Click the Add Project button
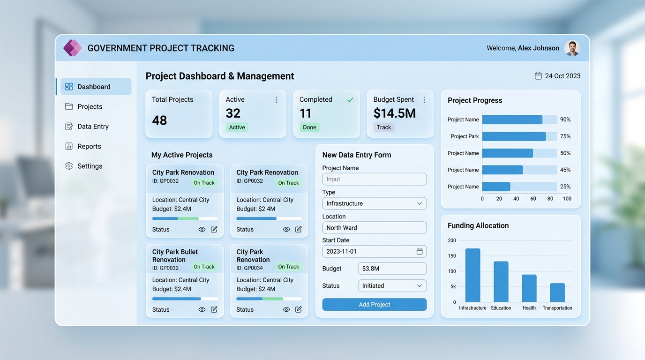click(x=375, y=304)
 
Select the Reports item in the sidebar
click(x=83, y=146)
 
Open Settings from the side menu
click(x=84, y=166)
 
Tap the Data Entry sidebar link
click(x=87, y=127)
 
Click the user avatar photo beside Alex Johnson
click(x=572, y=48)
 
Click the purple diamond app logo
click(x=72, y=48)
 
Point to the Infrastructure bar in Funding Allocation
click(x=473, y=275)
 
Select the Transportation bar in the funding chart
click(x=557, y=292)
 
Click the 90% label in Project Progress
click(x=565, y=120)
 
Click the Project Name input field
click(x=375, y=179)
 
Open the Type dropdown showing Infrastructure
click(x=375, y=203)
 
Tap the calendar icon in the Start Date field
click(x=420, y=251)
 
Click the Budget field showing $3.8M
click(x=392, y=269)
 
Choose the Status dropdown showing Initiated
click(x=392, y=285)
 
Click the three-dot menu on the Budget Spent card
click(x=424, y=100)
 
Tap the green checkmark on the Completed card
click(x=350, y=100)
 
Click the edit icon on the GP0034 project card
click(x=298, y=309)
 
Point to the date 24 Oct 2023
click(x=562, y=76)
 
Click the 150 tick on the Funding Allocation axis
click(x=452, y=256)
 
